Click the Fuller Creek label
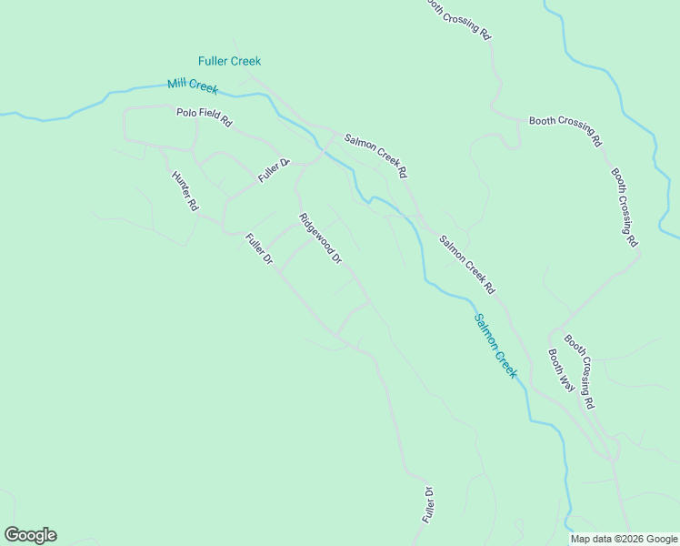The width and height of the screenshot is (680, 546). click(229, 61)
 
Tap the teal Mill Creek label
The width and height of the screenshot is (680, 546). click(192, 86)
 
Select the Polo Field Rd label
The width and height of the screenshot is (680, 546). click(204, 116)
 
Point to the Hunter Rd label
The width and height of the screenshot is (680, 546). click(185, 191)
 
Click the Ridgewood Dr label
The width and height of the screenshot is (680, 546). click(320, 238)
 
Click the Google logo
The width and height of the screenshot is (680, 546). click(30, 535)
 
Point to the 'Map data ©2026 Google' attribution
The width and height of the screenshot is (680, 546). click(624, 539)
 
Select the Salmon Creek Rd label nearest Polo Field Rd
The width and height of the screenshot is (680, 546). click(375, 156)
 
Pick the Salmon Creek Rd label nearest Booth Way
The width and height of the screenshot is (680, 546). click(466, 265)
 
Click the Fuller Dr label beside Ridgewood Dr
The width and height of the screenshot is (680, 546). click(259, 248)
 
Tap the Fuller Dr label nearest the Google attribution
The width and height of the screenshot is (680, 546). click(427, 503)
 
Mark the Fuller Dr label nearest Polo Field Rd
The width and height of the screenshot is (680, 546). click(273, 170)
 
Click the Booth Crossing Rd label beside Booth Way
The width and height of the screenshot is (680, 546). click(579, 370)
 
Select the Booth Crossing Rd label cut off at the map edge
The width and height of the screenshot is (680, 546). click(458, 18)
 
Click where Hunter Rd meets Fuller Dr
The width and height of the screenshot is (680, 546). click(225, 228)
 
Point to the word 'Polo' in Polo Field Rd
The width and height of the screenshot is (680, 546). click(187, 113)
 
